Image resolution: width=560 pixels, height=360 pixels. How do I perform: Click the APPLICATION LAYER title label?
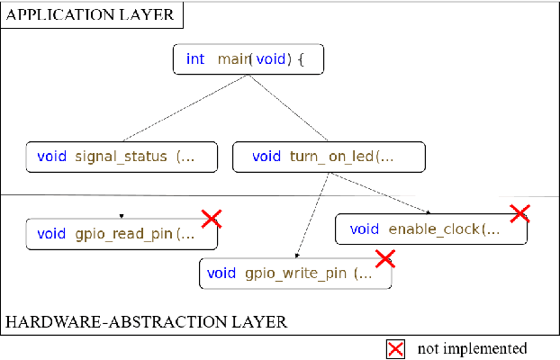tap(93, 14)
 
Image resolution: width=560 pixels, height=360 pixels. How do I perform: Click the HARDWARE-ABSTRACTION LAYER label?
tap(147, 320)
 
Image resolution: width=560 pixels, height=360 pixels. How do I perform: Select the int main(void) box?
tap(248, 59)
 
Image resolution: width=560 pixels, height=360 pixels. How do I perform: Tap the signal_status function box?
tap(122, 157)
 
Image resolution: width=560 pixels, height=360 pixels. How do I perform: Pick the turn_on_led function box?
tap(329, 157)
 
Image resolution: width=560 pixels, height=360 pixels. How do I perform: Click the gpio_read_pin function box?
tap(122, 234)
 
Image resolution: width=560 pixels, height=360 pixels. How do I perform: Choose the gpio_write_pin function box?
tap(295, 274)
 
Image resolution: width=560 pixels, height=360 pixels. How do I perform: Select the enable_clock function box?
tap(431, 229)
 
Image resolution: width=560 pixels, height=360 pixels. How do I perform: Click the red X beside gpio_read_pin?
tap(211, 218)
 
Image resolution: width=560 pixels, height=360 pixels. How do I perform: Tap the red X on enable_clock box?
tap(519, 212)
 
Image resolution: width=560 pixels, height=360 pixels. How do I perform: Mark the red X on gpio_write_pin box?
tap(384, 258)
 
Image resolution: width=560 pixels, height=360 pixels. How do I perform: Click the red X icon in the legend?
tap(394, 348)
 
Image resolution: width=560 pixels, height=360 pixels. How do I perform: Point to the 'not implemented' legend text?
tap(473, 348)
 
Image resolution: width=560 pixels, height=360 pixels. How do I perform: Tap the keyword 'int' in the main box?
tap(195, 59)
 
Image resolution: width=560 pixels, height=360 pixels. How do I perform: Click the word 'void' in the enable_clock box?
tap(365, 229)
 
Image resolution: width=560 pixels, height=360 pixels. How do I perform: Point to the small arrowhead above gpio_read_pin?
tap(122, 216)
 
